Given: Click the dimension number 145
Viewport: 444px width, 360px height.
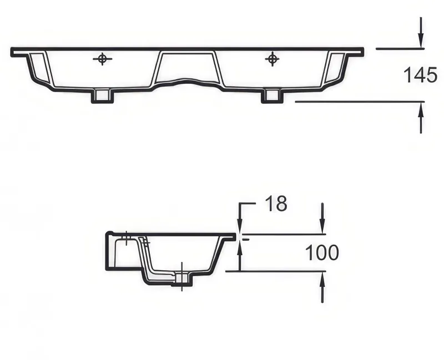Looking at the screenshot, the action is tap(420, 75).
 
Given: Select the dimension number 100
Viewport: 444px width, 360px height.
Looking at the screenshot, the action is tap(322, 253).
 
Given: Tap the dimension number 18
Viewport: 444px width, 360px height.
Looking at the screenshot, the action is tap(276, 204).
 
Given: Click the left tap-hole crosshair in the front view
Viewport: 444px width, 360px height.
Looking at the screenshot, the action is tap(103, 59).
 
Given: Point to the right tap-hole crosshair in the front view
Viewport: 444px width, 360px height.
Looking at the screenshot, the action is tap(272, 59).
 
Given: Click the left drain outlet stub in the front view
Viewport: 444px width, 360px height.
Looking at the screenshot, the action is tap(102, 95).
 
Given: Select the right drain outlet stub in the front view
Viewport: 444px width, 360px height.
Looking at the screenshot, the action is tap(272, 95).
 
